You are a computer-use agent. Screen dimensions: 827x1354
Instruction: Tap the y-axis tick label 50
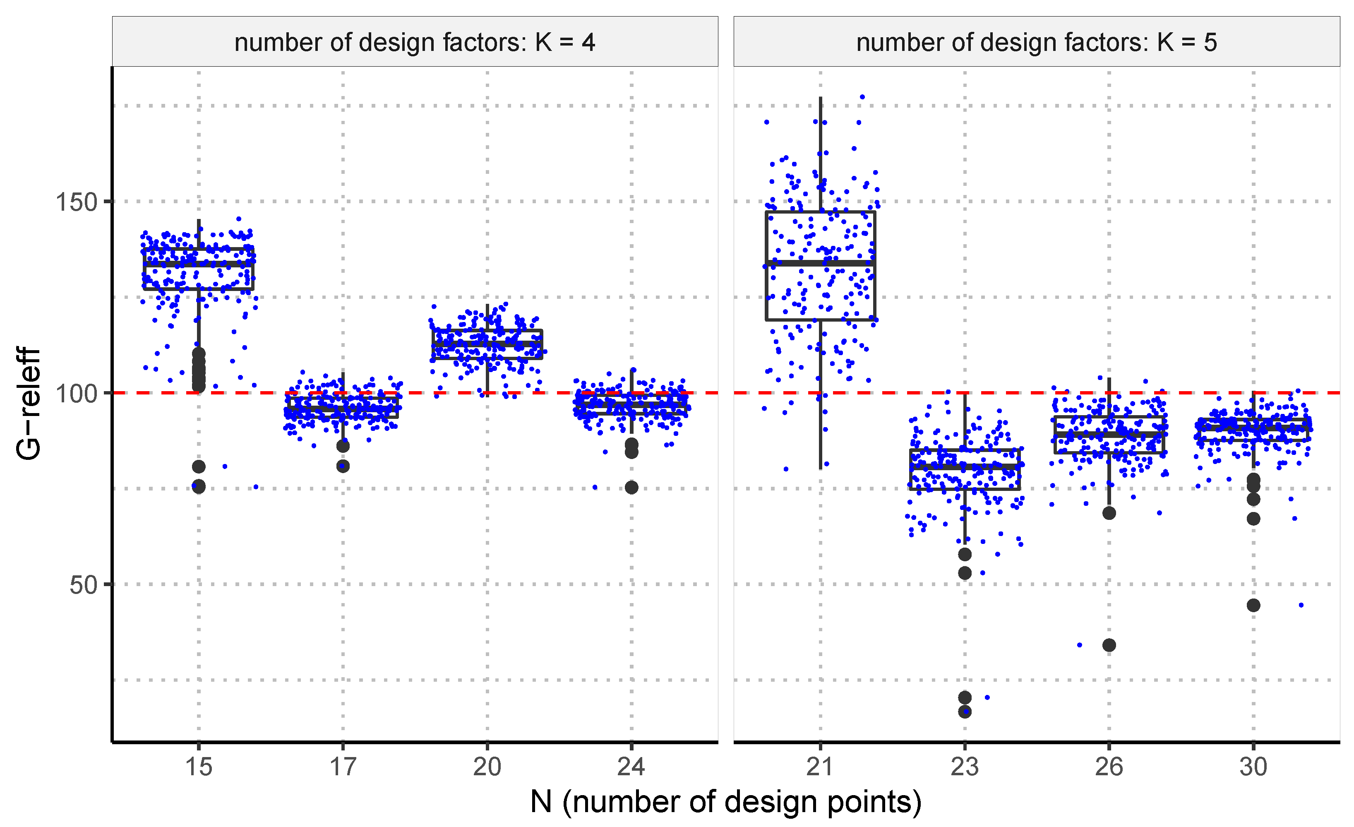[x=83, y=585]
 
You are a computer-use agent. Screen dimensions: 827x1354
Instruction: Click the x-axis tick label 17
[x=343, y=767]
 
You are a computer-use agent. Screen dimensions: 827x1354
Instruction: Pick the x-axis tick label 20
[x=487, y=767]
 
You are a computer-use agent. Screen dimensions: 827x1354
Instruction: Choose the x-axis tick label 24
[x=631, y=767]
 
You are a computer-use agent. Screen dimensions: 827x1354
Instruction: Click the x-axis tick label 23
[x=965, y=767]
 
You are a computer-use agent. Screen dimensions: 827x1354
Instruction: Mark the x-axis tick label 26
[x=1109, y=767]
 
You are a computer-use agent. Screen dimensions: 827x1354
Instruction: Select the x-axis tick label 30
[x=1253, y=767]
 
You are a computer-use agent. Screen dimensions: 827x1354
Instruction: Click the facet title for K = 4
[x=415, y=42]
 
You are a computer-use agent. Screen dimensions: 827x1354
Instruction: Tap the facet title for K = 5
[x=1036, y=42]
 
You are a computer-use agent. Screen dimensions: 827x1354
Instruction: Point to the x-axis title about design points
[x=725, y=802]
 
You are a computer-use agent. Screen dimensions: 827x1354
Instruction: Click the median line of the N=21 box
[x=821, y=263]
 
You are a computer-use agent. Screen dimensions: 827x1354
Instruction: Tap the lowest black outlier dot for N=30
[x=1253, y=606]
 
